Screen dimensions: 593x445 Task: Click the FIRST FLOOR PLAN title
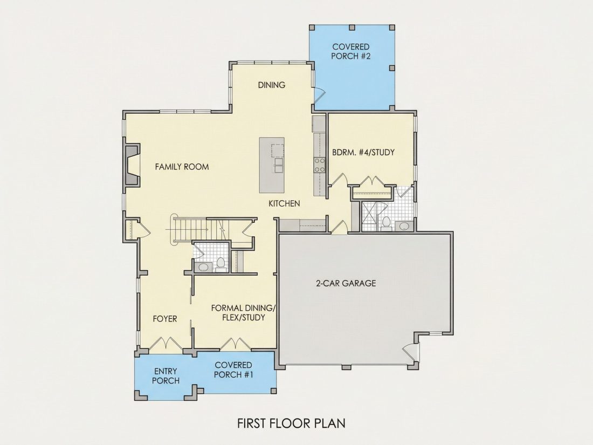[291, 423]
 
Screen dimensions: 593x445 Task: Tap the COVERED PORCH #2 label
[350, 51]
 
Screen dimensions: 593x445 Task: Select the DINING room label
[272, 85]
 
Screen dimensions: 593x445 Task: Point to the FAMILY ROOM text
[182, 167]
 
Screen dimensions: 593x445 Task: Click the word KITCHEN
[285, 203]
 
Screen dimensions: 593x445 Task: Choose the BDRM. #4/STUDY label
[363, 152]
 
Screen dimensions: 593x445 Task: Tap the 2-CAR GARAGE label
[346, 283]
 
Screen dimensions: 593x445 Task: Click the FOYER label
[165, 319]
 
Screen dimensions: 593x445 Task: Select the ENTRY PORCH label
[166, 376]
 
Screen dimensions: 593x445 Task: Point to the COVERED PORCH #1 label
[233, 369]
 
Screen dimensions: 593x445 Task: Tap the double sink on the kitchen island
[278, 165]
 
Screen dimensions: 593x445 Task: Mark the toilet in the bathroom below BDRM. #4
[386, 223]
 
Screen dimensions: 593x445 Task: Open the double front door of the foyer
[166, 344]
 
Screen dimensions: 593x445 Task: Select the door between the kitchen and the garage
[339, 227]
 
